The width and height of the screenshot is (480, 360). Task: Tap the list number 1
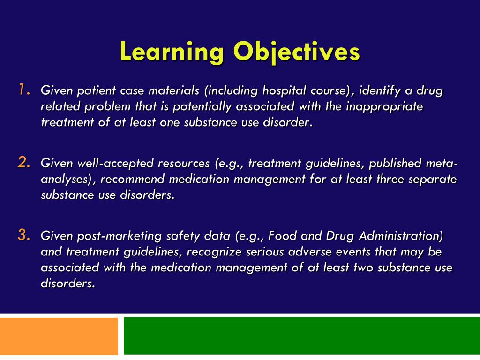[x=24, y=89]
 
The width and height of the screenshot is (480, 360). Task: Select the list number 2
[x=24, y=163]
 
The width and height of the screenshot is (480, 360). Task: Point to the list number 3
[x=24, y=235]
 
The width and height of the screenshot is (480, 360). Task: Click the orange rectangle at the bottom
[x=59, y=336]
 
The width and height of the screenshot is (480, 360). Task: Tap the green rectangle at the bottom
[x=302, y=336]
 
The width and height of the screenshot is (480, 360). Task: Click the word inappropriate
[x=384, y=106]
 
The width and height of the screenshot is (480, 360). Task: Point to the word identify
[x=378, y=90]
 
